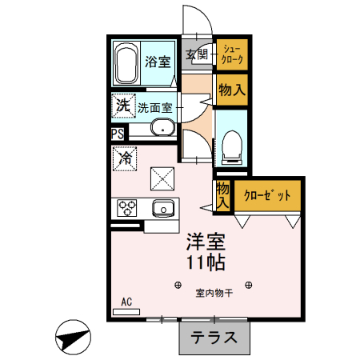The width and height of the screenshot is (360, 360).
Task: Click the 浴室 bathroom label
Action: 157,61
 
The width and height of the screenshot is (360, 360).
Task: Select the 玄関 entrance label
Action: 197,55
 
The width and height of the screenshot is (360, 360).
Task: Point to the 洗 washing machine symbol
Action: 122,105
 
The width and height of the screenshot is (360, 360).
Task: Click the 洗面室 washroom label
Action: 154,106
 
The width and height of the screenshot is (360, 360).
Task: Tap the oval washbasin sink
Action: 162,128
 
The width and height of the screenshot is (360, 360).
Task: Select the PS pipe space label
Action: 118,134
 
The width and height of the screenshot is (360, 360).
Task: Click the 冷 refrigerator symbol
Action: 125,158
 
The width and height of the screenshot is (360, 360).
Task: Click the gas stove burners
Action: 128,208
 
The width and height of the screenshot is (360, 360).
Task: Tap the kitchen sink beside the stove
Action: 163,208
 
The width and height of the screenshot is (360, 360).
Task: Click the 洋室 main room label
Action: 206,241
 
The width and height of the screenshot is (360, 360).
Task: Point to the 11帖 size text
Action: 206,262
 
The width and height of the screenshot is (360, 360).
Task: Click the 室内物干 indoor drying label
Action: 214,293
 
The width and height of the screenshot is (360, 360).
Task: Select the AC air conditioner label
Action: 126,302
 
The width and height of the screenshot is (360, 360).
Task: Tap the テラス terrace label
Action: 214,337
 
